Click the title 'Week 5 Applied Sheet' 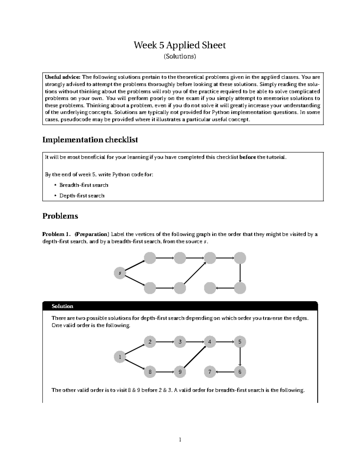click(x=180, y=45)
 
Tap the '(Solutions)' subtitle click(x=180, y=56)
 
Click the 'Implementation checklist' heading click(x=90, y=140)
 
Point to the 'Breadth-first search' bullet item click(x=84, y=185)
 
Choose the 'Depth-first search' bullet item click(x=82, y=196)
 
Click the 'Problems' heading click(x=60, y=216)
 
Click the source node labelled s click(x=120, y=273)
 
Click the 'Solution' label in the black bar click(x=62, y=306)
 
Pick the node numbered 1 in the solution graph click(x=120, y=357)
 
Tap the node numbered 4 click(x=210, y=342)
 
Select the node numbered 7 click(x=210, y=372)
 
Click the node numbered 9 click(x=180, y=372)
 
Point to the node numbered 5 click(x=240, y=342)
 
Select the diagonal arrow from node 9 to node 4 click(x=195, y=357)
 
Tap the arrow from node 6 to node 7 click(x=225, y=372)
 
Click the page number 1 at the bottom click(x=180, y=440)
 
